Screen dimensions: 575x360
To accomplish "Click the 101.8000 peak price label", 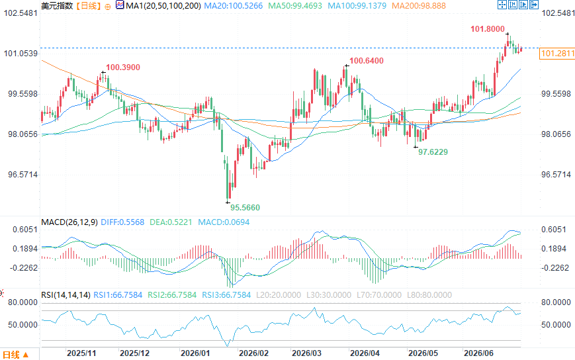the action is [488, 29].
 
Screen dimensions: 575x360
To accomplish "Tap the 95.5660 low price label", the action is [245, 208].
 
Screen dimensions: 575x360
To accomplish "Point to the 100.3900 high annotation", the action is [123, 67].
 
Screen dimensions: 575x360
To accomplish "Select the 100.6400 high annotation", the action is [367, 61].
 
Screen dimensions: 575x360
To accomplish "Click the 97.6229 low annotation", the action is [433, 152].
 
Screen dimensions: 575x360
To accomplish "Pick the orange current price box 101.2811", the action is [558, 54].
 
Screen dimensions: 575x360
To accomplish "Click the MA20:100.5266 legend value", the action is [233, 6].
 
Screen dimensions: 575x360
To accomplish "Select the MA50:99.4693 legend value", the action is [295, 6].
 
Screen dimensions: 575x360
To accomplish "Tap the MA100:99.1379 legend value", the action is [357, 6].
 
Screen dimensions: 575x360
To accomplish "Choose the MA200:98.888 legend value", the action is [419, 6].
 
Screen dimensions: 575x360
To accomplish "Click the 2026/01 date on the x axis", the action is [195, 353].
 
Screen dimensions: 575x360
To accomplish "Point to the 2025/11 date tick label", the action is [81, 353].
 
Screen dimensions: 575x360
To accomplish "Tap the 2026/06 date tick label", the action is [478, 353].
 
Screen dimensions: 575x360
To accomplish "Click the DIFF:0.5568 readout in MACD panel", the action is [122, 222].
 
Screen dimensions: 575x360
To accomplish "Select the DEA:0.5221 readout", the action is [171, 222].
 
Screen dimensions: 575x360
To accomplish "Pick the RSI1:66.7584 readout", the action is [118, 295].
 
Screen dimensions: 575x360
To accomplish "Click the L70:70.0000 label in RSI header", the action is [379, 295].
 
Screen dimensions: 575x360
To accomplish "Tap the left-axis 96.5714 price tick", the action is [22, 175].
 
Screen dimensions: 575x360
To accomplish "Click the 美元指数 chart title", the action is [57, 6].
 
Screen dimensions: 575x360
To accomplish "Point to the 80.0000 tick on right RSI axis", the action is [556, 302].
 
